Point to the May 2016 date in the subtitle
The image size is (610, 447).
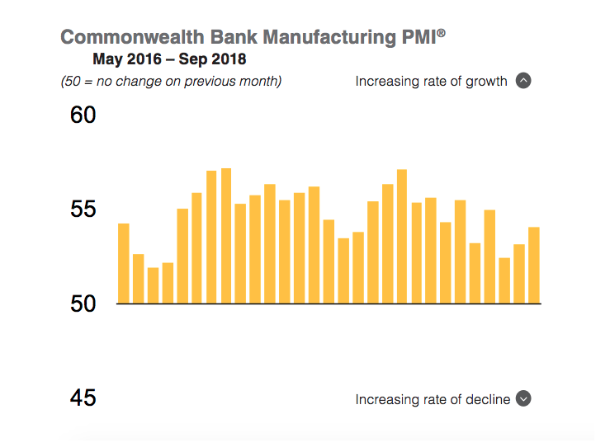pos(125,59)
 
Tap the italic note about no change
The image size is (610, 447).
pos(171,81)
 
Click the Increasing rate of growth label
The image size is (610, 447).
pos(431,81)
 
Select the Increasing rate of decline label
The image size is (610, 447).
pos(432,399)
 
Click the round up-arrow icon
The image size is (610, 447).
pos(523,81)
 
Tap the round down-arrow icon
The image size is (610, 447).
pos(523,398)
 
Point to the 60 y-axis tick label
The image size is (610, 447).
pos(83,115)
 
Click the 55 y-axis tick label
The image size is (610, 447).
pos(83,209)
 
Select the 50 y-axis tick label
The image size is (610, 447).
pos(83,303)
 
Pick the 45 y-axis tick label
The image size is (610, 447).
pos(83,398)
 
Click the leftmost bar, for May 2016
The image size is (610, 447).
pos(124,264)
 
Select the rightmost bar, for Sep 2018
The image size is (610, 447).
pos(534,266)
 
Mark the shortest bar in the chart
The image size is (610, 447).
pos(153,285)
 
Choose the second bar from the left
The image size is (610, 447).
pos(138,279)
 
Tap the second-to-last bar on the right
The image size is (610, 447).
pos(519,274)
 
